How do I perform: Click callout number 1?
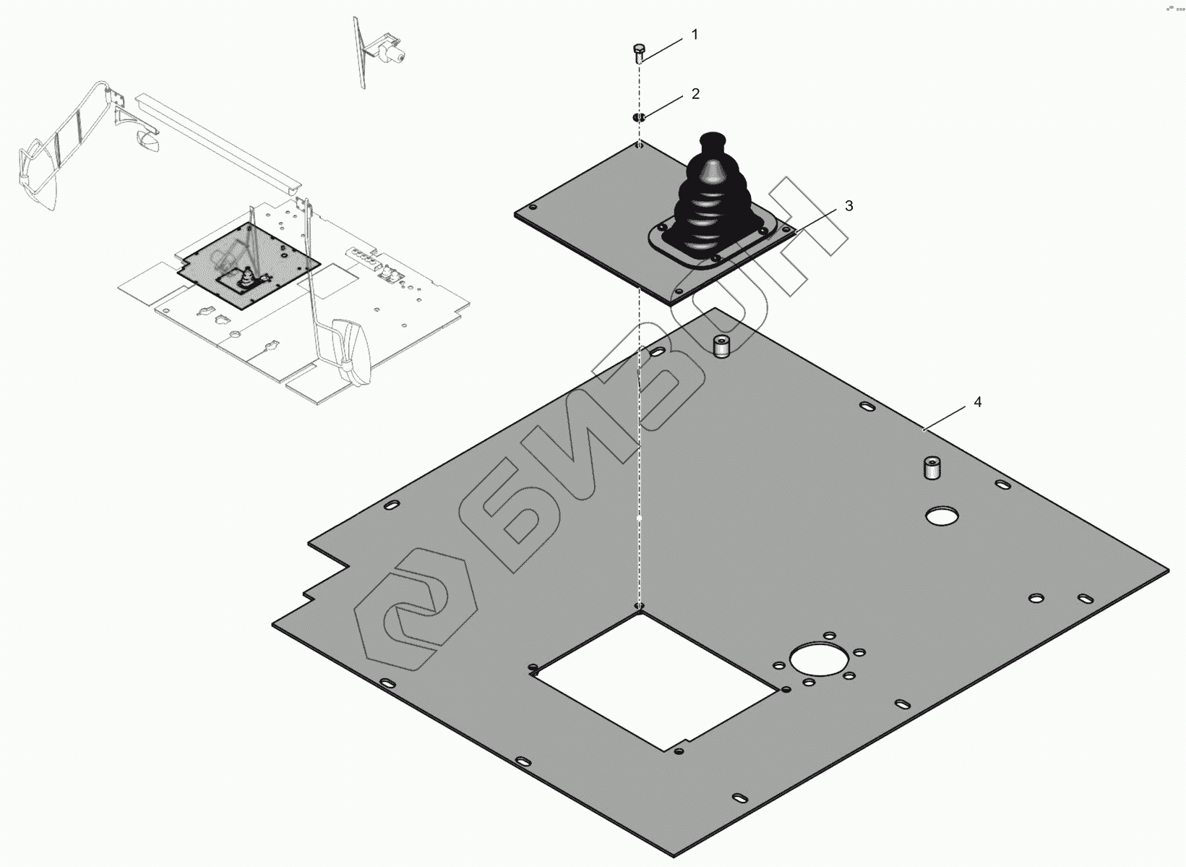click(695, 35)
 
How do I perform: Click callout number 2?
click(695, 94)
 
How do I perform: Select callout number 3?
click(848, 206)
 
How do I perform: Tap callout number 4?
click(977, 402)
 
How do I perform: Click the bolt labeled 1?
click(639, 54)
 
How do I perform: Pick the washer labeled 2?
click(639, 117)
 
